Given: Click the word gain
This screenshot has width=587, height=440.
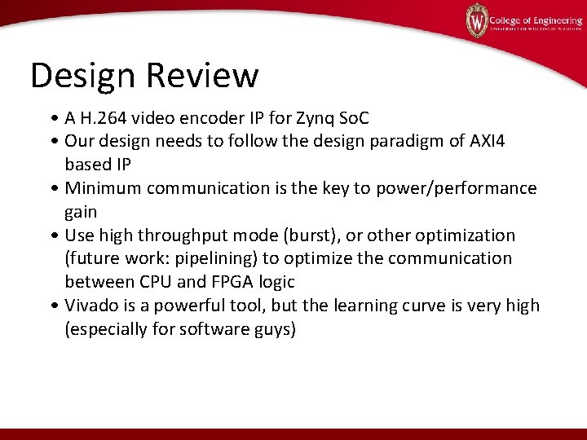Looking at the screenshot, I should pyautogui.click(x=82, y=212).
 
